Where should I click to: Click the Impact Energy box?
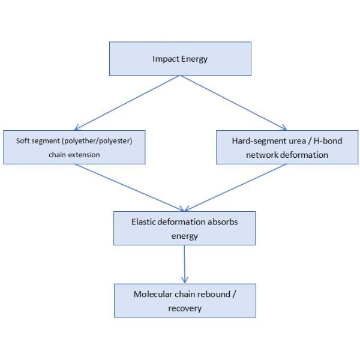[x=179, y=59]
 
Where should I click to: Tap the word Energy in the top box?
[x=193, y=59]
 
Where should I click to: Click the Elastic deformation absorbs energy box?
[x=184, y=227]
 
